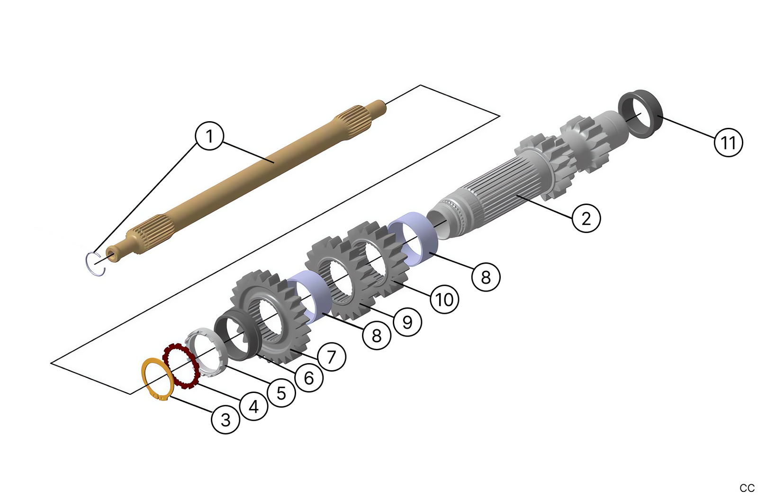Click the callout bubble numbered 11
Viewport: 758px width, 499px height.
pyautogui.click(x=728, y=143)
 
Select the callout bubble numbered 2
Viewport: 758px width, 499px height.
pyautogui.click(x=586, y=218)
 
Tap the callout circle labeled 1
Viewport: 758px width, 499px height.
pyautogui.click(x=209, y=136)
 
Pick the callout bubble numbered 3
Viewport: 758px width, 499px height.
pyautogui.click(x=226, y=419)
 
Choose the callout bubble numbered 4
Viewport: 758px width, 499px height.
pyautogui.click(x=253, y=406)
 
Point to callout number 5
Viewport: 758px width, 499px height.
pyautogui.click(x=281, y=393)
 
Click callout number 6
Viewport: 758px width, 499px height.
pyautogui.click(x=308, y=378)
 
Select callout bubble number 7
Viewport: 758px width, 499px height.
pyautogui.click(x=332, y=356)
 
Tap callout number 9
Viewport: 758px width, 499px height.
pyautogui.click(x=407, y=321)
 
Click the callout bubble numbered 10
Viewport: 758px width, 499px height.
pyautogui.click(x=444, y=299)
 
